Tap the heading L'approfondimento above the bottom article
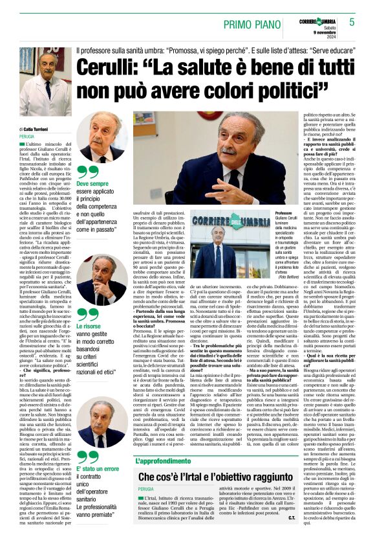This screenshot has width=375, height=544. tap(167, 460)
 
